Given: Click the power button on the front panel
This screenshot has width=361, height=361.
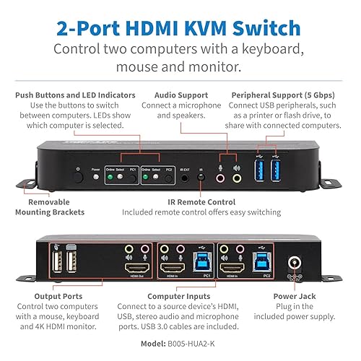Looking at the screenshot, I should pos(77,173).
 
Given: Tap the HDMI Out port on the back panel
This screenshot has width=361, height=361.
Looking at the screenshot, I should pos(134,267).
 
